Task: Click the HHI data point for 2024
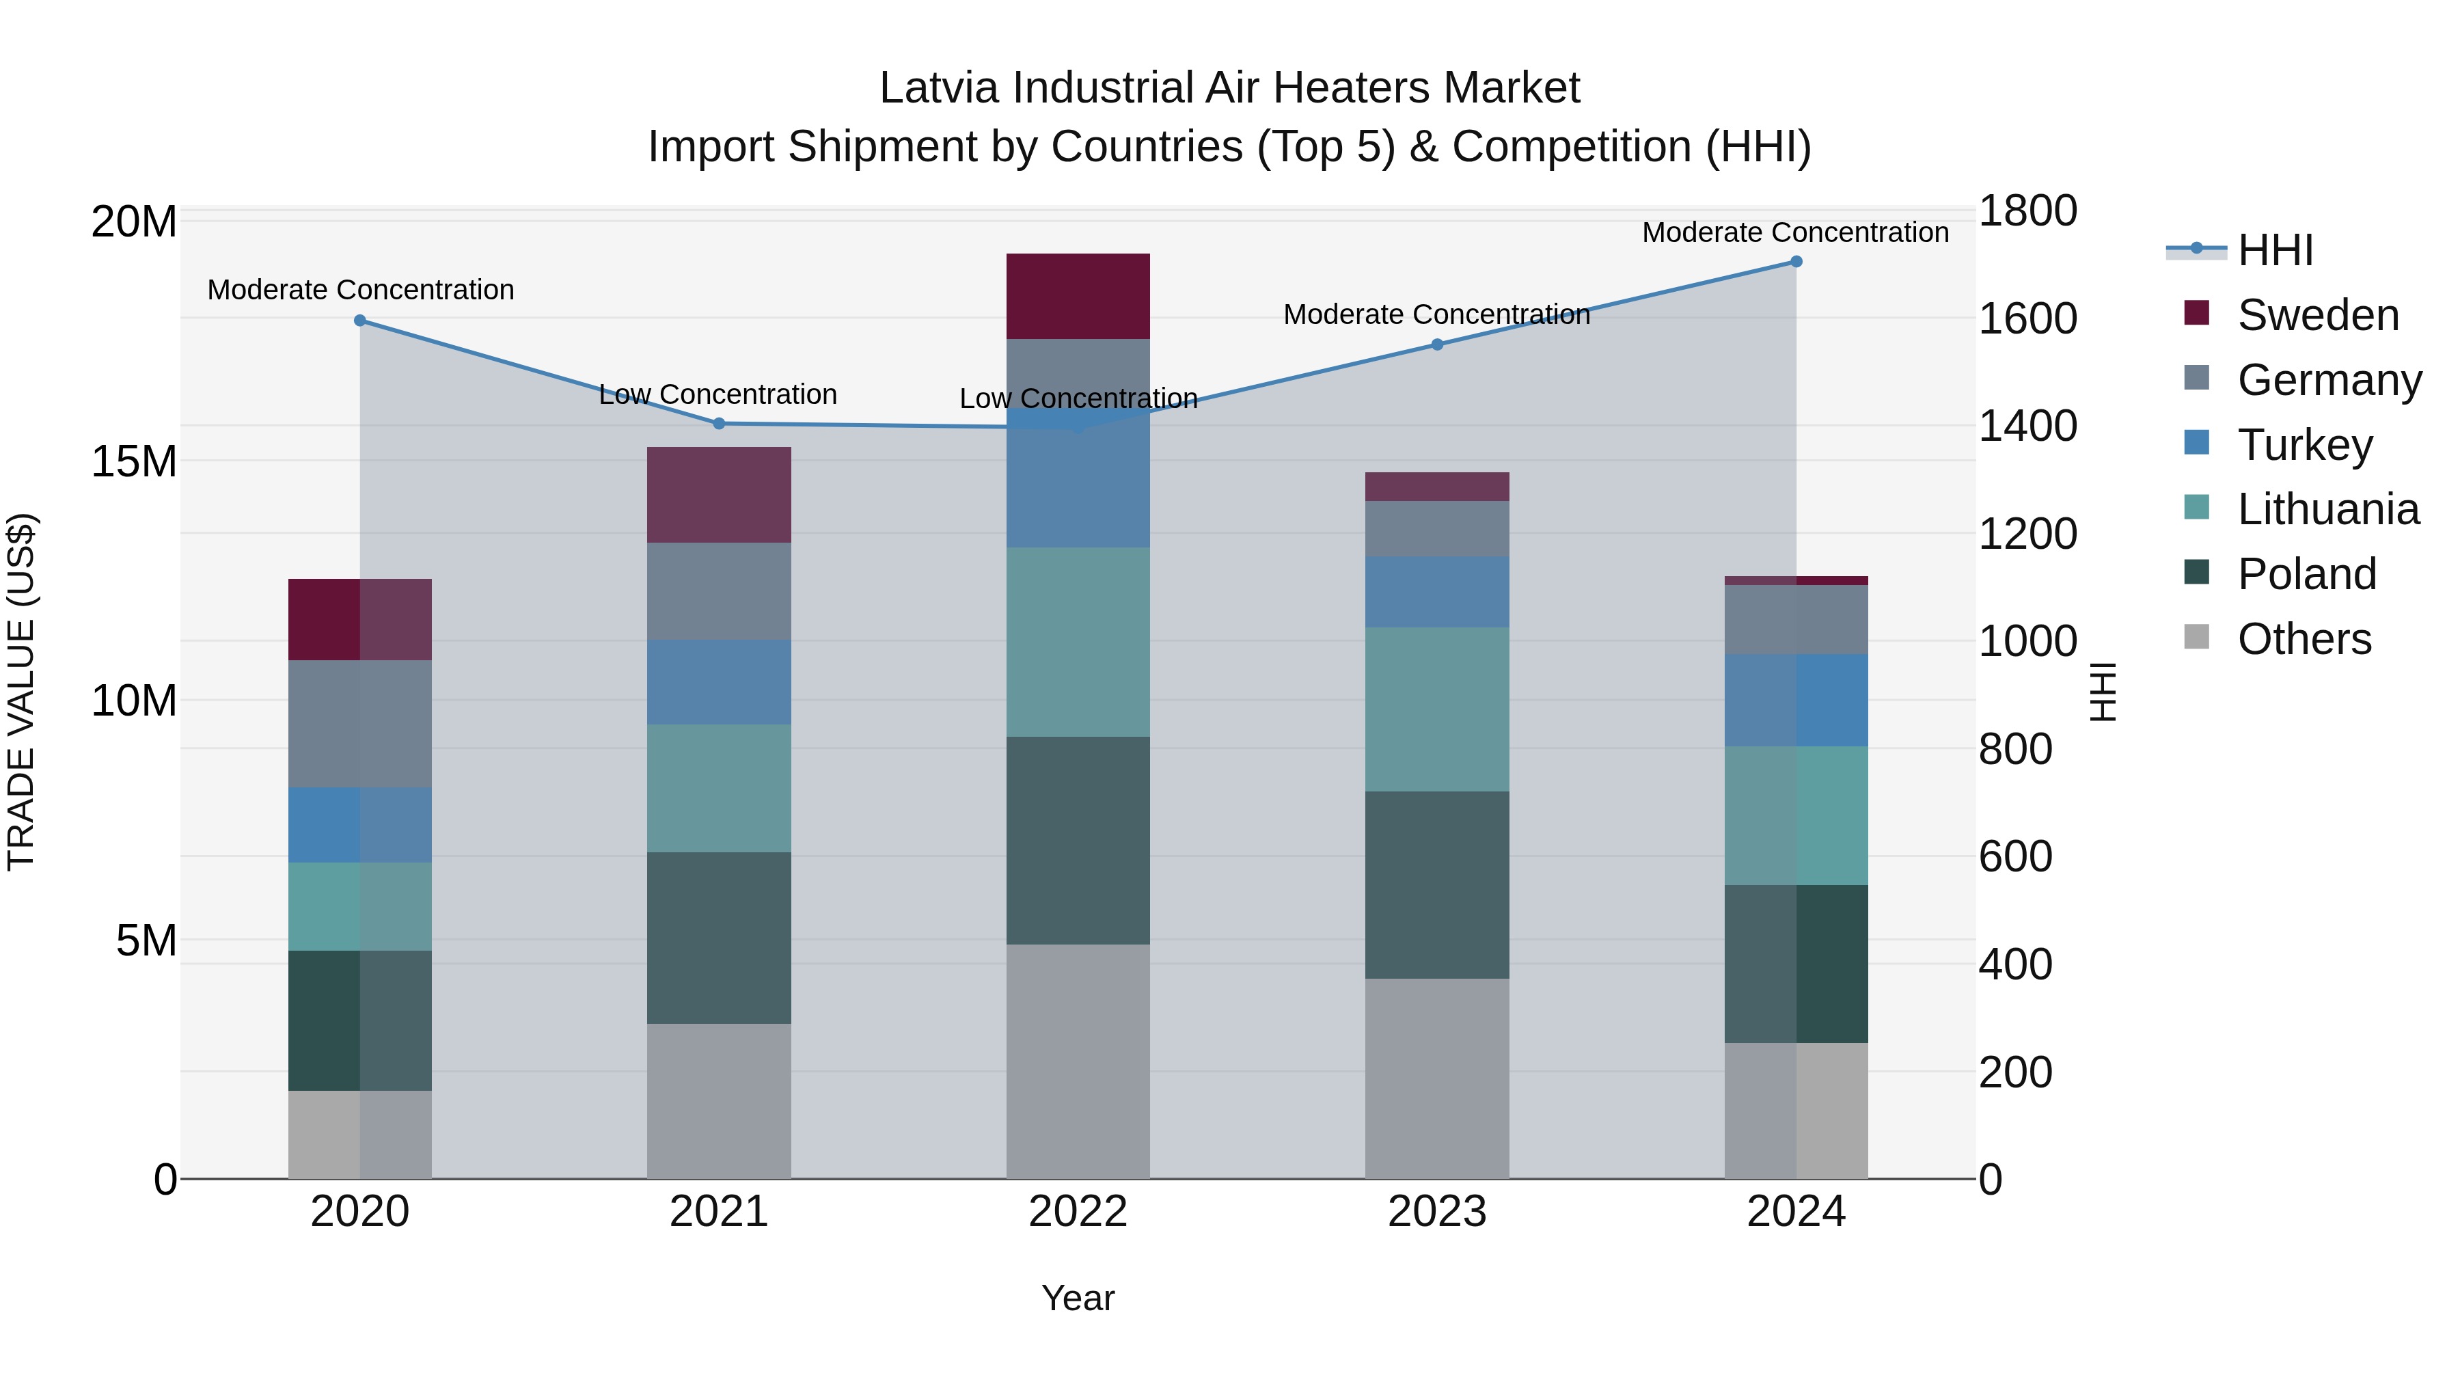point(1795,262)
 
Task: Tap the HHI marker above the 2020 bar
point(360,321)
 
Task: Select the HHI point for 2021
point(719,423)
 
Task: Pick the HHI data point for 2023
point(1436,345)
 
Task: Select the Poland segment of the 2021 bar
point(719,937)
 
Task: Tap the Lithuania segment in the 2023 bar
point(1436,709)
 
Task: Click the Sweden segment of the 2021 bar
point(719,495)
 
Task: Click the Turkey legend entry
point(2304,445)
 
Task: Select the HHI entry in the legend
point(2275,250)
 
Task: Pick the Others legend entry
point(2304,639)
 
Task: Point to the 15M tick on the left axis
point(134,461)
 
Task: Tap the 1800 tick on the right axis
point(2027,211)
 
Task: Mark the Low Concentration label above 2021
point(717,394)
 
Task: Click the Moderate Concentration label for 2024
point(1794,232)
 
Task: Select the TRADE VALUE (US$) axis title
point(21,692)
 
